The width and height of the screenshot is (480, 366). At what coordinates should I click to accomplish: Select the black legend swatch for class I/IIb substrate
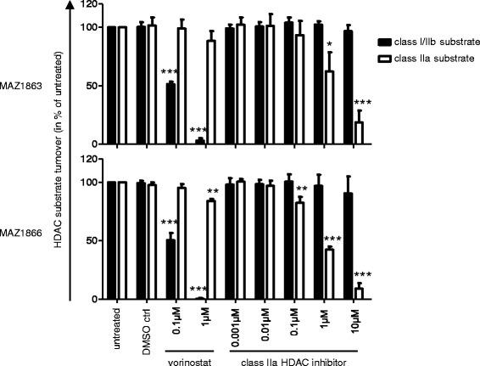tap(388, 40)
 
